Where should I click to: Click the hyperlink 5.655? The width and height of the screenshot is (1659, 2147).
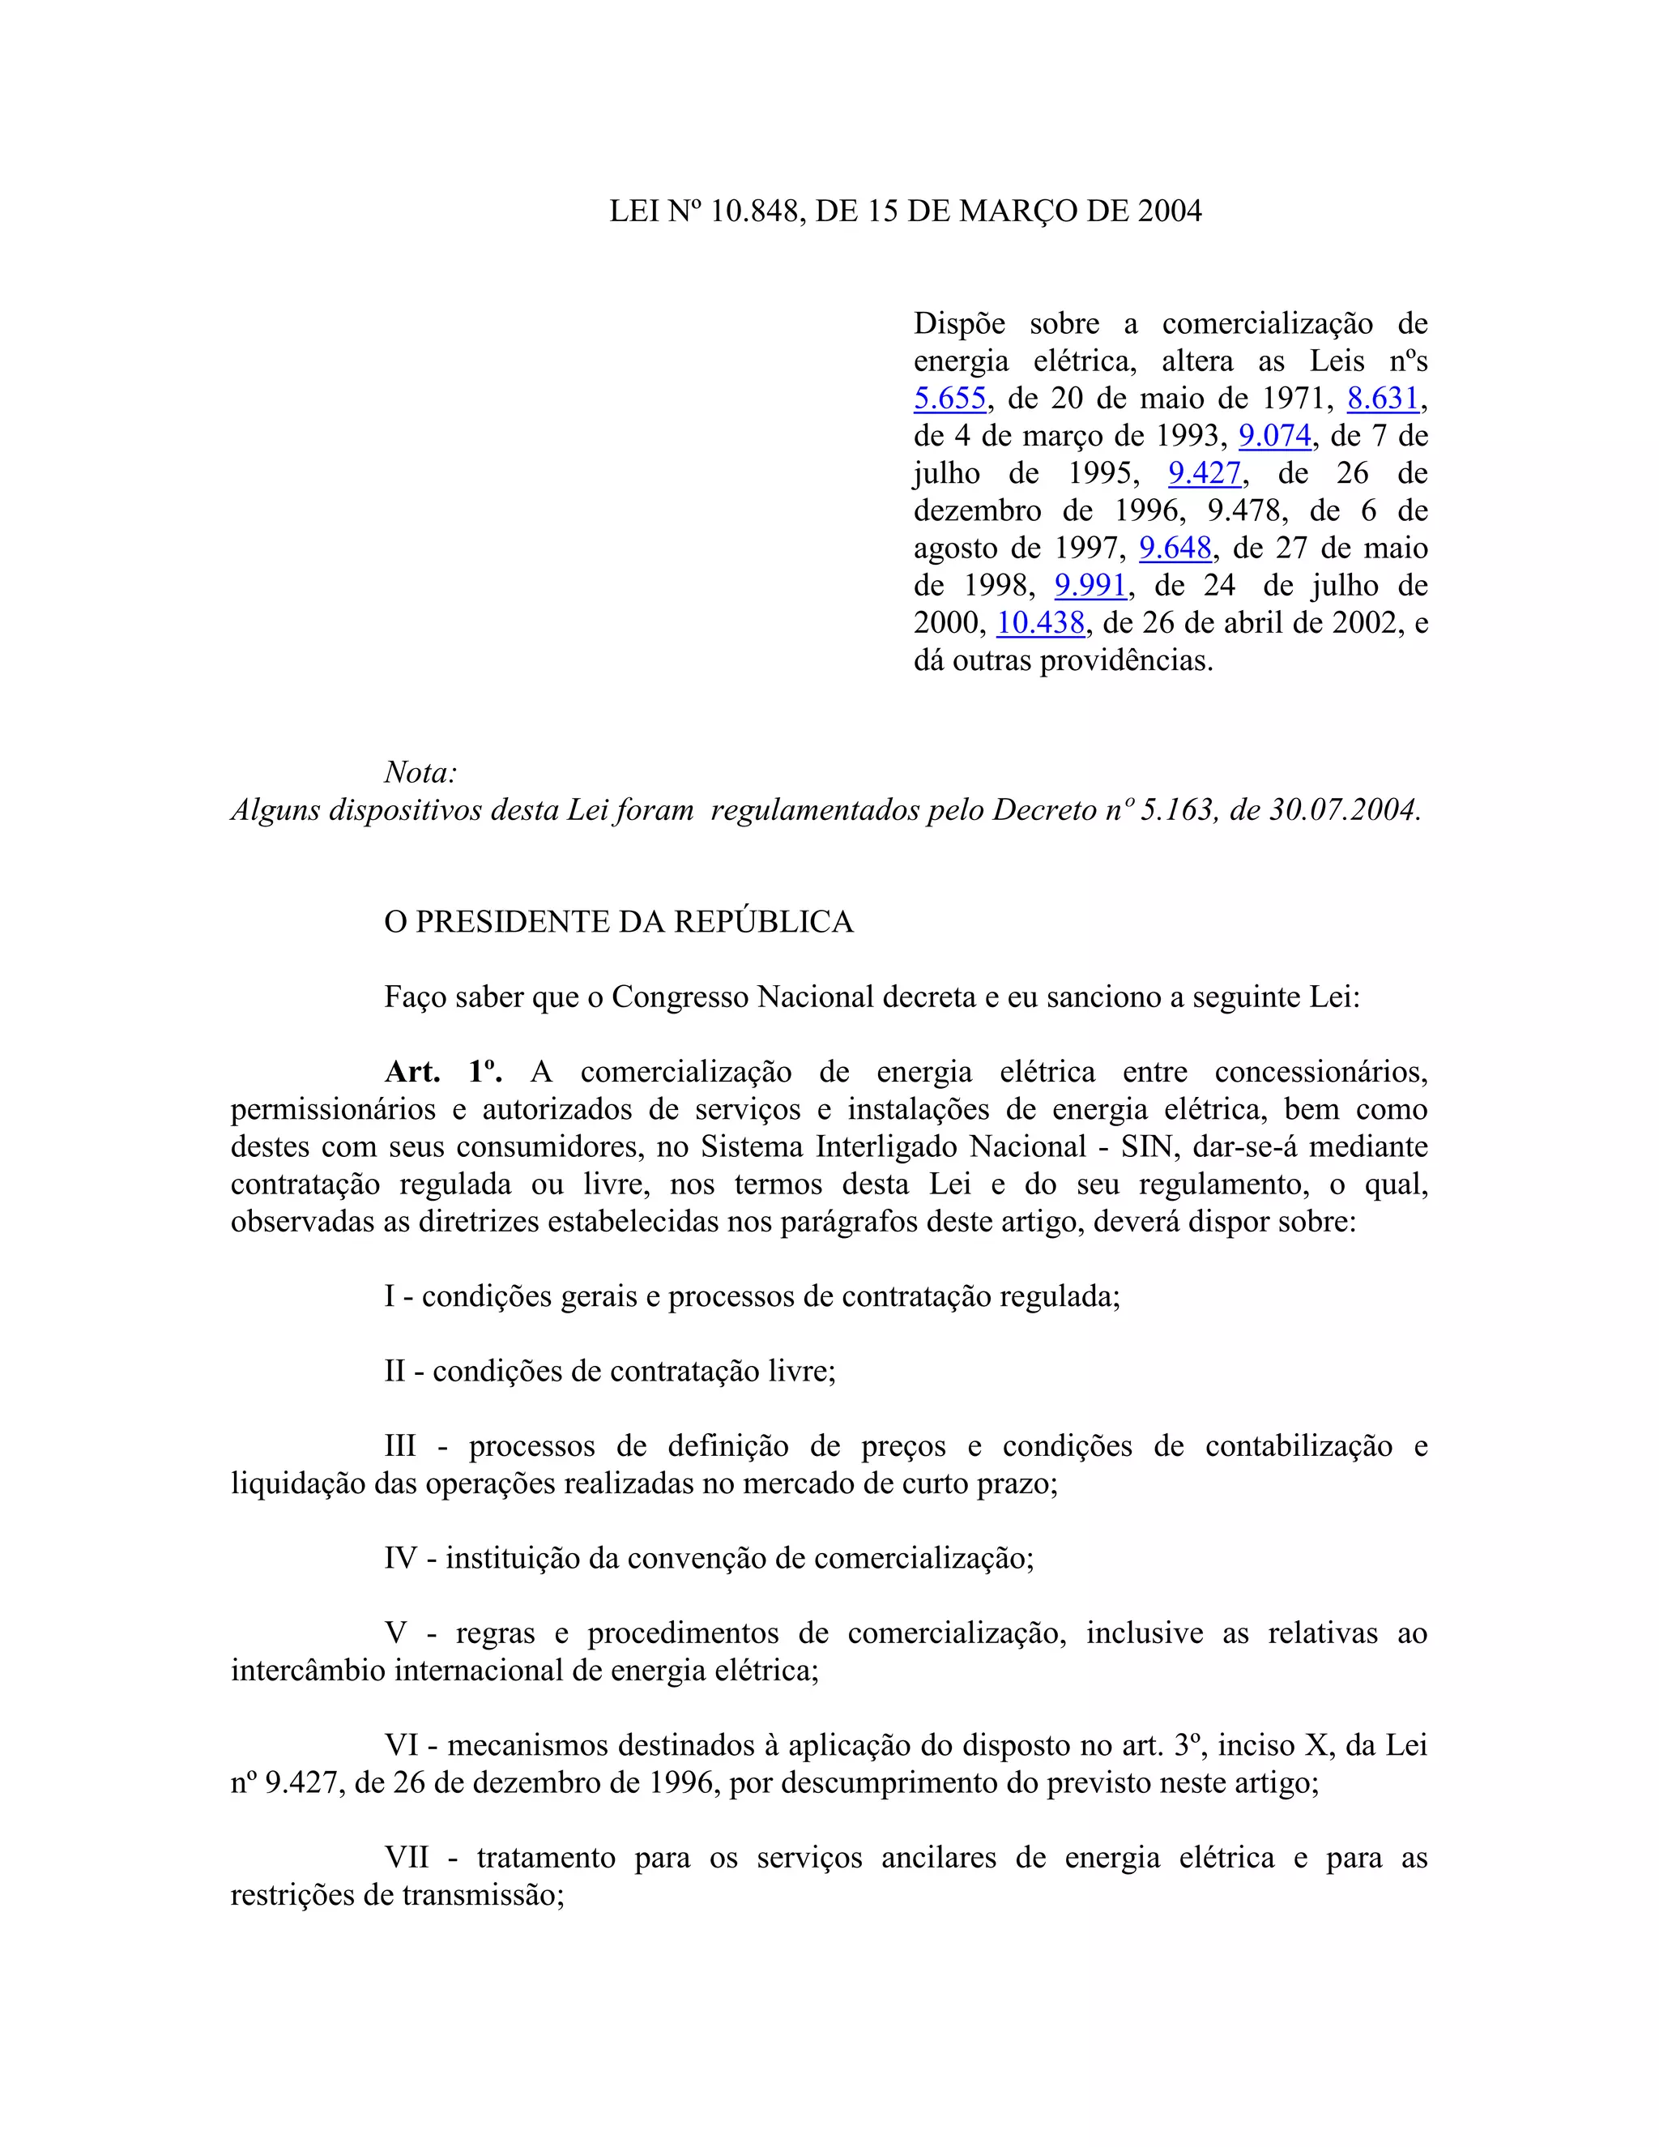coord(949,399)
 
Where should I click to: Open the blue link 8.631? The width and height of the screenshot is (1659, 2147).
coord(1383,399)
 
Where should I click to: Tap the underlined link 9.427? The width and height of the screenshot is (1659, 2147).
coord(1204,474)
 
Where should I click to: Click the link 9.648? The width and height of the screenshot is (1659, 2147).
coord(1175,548)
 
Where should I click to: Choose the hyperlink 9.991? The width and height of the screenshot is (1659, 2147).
coord(1090,586)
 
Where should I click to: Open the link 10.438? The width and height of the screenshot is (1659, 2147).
coord(1040,623)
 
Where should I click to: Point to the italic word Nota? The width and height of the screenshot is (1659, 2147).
coord(420,773)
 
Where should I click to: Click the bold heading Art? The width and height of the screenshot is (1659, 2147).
coord(412,1072)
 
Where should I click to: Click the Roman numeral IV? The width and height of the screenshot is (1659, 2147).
coord(400,1558)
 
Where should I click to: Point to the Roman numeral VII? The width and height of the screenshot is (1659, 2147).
coord(407,1857)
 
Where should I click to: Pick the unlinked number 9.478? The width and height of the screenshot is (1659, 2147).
coord(1244,511)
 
